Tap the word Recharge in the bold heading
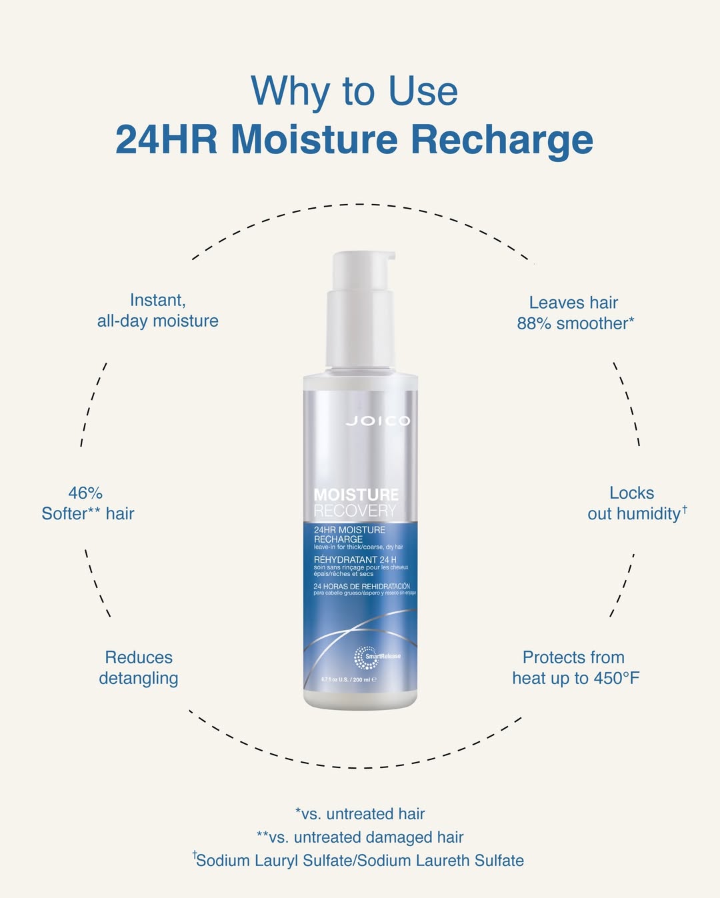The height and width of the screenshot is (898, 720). pyautogui.click(x=501, y=139)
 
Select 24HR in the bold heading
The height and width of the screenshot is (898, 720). pyautogui.click(x=167, y=139)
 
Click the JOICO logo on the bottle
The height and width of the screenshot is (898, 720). pyautogui.click(x=378, y=421)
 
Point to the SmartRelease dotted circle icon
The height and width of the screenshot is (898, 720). pyautogui.click(x=365, y=657)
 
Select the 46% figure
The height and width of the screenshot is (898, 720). pyautogui.click(x=85, y=493)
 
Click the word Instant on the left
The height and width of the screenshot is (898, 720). pyautogui.click(x=157, y=300)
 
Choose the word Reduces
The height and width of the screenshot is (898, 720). pyautogui.click(x=139, y=657)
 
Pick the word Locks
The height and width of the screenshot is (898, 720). pyautogui.click(x=631, y=493)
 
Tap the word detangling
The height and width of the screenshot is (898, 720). pyautogui.click(x=139, y=678)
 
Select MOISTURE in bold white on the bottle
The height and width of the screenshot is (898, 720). pyautogui.click(x=356, y=495)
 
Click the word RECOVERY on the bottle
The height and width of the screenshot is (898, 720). pyautogui.click(x=355, y=511)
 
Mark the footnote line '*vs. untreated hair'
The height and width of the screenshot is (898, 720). pyautogui.click(x=360, y=814)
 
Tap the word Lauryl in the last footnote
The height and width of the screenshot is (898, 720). pyautogui.click(x=274, y=861)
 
